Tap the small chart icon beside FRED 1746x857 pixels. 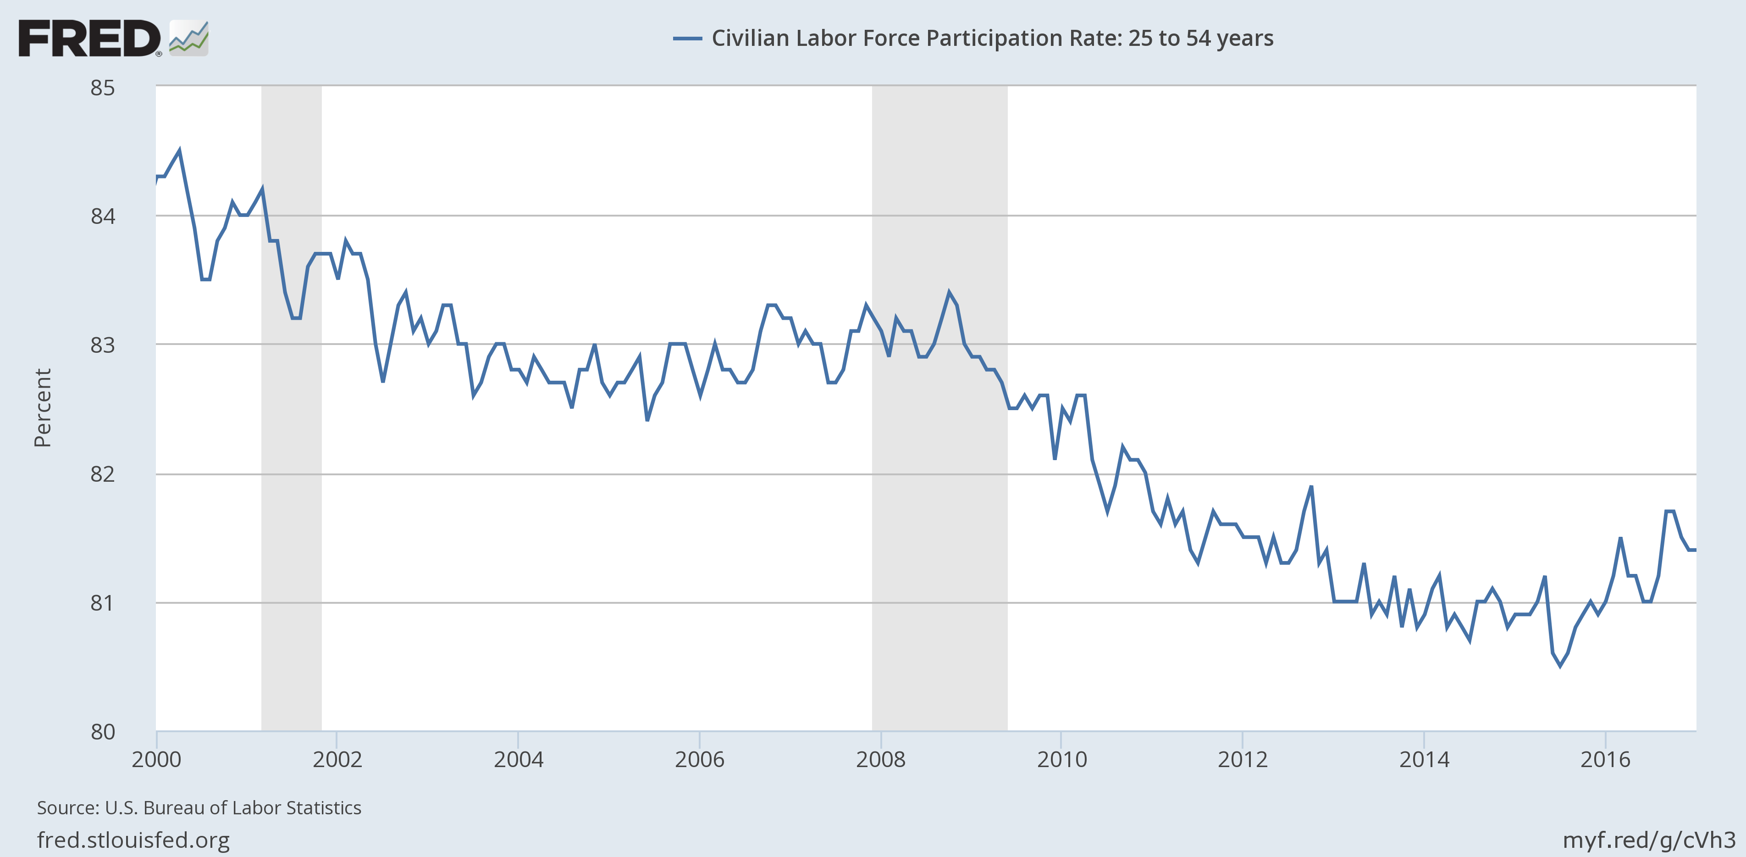[188, 39]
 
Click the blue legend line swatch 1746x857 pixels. [686, 39]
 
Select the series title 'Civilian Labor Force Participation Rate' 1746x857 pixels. [992, 39]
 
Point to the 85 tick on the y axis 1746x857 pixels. [103, 88]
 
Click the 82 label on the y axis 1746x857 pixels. [103, 473]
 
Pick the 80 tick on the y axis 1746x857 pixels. [103, 732]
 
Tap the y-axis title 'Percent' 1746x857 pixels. [43, 407]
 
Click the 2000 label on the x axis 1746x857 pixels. [156, 759]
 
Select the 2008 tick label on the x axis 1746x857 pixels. [880, 759]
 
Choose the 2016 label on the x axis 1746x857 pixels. [1605, 759]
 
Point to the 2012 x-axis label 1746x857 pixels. [1243, 759]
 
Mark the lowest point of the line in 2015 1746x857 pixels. [1560, 666]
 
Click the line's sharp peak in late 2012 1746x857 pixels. [1311, 487]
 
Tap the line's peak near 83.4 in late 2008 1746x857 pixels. [949, 293]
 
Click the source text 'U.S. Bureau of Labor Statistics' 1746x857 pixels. [232, 807]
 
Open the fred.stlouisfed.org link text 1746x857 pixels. [133, 840]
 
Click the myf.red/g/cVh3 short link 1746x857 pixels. [1648, 840]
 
